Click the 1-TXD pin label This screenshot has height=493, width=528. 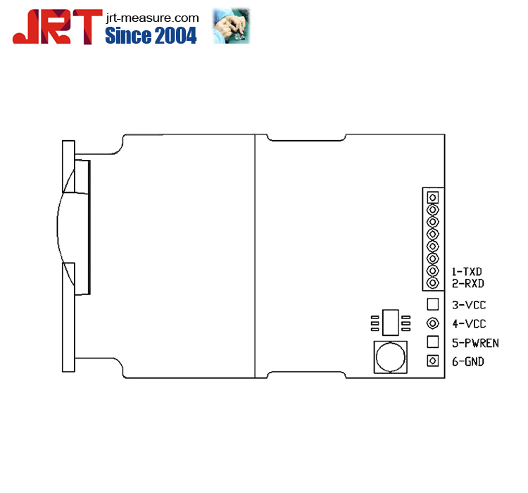[467, 271]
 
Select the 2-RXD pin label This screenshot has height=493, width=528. [467, 283]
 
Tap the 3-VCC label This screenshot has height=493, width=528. [468, 305]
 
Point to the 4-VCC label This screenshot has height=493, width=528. [468, 324]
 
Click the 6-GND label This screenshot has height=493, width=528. [468, 361]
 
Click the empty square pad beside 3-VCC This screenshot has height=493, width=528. [433, 304]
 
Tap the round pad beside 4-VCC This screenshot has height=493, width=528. [433, 323]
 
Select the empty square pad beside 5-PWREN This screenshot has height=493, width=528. [433, 342]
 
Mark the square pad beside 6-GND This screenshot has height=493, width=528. [433, 361]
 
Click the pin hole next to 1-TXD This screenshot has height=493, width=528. [433, 271]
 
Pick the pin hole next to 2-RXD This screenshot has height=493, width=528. [433, 283]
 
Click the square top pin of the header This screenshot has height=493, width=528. [433, 198]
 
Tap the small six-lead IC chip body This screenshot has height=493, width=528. [389, 322]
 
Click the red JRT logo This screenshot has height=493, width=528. [54, 27]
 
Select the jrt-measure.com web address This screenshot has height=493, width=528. [151, 17]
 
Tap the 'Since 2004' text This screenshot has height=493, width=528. [151, 36]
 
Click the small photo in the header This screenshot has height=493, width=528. [232, 27]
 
